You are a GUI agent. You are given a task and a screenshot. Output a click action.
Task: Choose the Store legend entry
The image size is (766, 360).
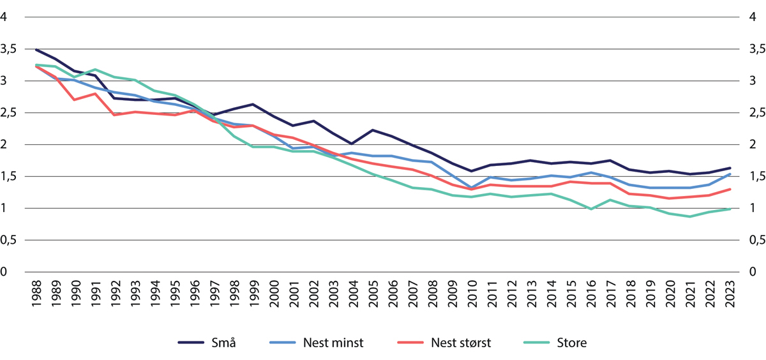tap(571, 343)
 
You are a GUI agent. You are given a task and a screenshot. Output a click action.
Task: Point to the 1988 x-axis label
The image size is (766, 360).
tap(36, 296)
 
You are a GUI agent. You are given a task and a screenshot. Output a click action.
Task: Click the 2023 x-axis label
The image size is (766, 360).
tap(730, 296)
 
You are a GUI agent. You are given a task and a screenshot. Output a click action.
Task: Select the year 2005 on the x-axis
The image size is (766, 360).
tap(373, 296)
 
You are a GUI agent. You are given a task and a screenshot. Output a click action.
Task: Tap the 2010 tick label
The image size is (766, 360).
tap(472, 296)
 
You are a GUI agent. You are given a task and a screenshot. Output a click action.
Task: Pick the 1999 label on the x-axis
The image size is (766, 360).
tap(255, 296)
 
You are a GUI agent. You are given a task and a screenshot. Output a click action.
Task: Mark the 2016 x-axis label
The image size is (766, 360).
tap(591, 296)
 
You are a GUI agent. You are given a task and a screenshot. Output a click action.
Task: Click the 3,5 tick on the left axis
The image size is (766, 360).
tap(10, 49)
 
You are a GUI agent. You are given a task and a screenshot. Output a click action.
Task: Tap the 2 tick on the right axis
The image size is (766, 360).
tap(753, 145)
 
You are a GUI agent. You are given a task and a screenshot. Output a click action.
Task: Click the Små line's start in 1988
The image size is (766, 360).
tap(36, 49)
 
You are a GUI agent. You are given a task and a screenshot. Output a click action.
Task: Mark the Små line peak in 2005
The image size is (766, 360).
tap(373, 130)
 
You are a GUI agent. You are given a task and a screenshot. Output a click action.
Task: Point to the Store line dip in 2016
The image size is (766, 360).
tap(591, 209)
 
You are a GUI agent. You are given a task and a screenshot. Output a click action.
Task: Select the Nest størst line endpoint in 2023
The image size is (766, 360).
tap(730, 189)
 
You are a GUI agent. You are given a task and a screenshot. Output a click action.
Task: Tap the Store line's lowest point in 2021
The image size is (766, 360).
tap(690, 217)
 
